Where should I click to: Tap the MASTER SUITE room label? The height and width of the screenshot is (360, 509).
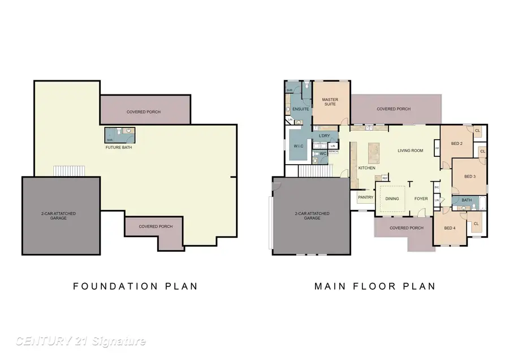point(330,102)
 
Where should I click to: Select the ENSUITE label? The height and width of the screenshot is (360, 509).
point(300,109)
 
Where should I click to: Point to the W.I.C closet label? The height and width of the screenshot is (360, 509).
point(299,147)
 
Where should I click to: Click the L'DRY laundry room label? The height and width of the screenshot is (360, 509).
point(324,136)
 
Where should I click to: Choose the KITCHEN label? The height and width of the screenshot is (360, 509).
point(366,168)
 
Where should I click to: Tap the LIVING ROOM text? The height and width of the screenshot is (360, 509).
point(411,151)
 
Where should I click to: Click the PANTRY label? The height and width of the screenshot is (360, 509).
point(365,198)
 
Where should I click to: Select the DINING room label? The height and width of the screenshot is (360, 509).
point(392,199)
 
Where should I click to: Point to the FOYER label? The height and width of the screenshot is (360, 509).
point(421,199)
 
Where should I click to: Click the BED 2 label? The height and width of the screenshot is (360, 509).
point(457,144)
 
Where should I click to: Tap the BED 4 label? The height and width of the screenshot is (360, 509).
point(449,228)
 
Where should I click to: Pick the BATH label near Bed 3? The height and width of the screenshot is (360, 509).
point(467,200)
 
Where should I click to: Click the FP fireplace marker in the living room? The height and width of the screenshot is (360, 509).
point(437,149)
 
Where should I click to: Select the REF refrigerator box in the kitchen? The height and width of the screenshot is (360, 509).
point(385,178)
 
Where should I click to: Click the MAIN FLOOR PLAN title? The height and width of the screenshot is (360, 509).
point(375,286)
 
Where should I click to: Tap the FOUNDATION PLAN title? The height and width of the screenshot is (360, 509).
point(136,286)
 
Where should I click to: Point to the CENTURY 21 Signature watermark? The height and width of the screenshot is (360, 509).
point(81,341)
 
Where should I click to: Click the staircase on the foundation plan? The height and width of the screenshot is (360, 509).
point(69,171)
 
